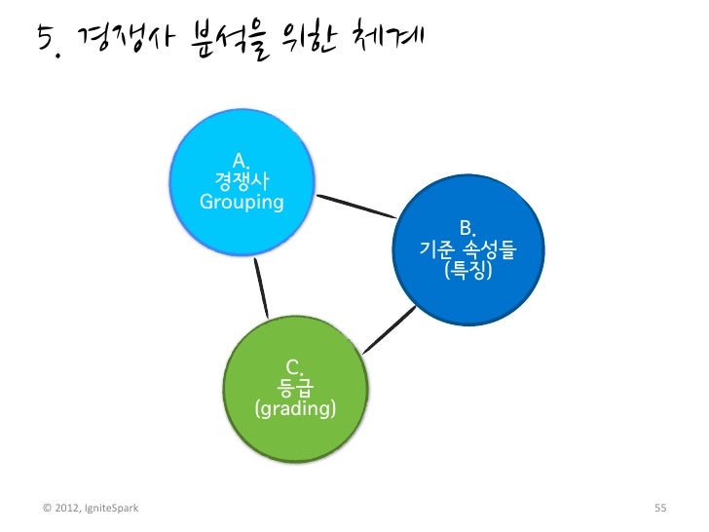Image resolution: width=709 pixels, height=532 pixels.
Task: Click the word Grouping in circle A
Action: tap(242, 203)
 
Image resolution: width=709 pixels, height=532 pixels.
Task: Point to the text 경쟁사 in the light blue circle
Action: tap(242, 181)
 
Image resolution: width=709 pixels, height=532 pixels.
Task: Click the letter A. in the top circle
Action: tap(242, 161)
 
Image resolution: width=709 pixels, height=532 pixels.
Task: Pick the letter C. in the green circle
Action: tap(295, 368)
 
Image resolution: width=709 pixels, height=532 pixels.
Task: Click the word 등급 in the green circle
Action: tap(295, 389)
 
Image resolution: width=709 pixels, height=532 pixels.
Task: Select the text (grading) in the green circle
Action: tap(295, 409)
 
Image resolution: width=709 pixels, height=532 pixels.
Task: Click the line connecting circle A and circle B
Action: tap(356, 207)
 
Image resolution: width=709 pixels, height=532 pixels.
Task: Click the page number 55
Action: tap(659, 508)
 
